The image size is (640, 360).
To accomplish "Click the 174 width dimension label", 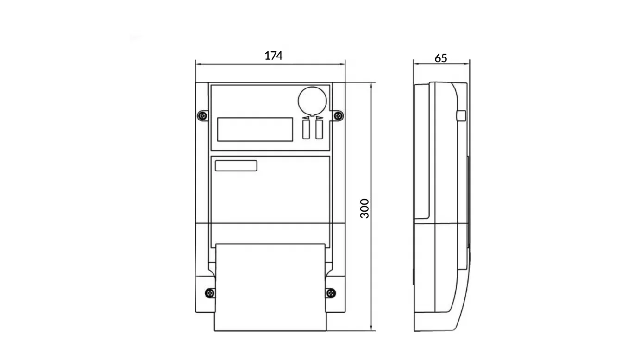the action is point(273,56).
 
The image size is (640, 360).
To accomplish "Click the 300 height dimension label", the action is point(364,208).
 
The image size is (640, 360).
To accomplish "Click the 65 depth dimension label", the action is point(441,58).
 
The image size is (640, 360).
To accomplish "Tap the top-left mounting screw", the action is point(203,116).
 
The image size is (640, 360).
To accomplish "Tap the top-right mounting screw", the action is point(339,116).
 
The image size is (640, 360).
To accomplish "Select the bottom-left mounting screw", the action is point(210,293).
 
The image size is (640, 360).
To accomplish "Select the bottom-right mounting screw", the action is point(331,293).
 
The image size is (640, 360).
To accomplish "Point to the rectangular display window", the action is point(255,129).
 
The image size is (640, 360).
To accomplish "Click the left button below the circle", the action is point(306,130).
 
